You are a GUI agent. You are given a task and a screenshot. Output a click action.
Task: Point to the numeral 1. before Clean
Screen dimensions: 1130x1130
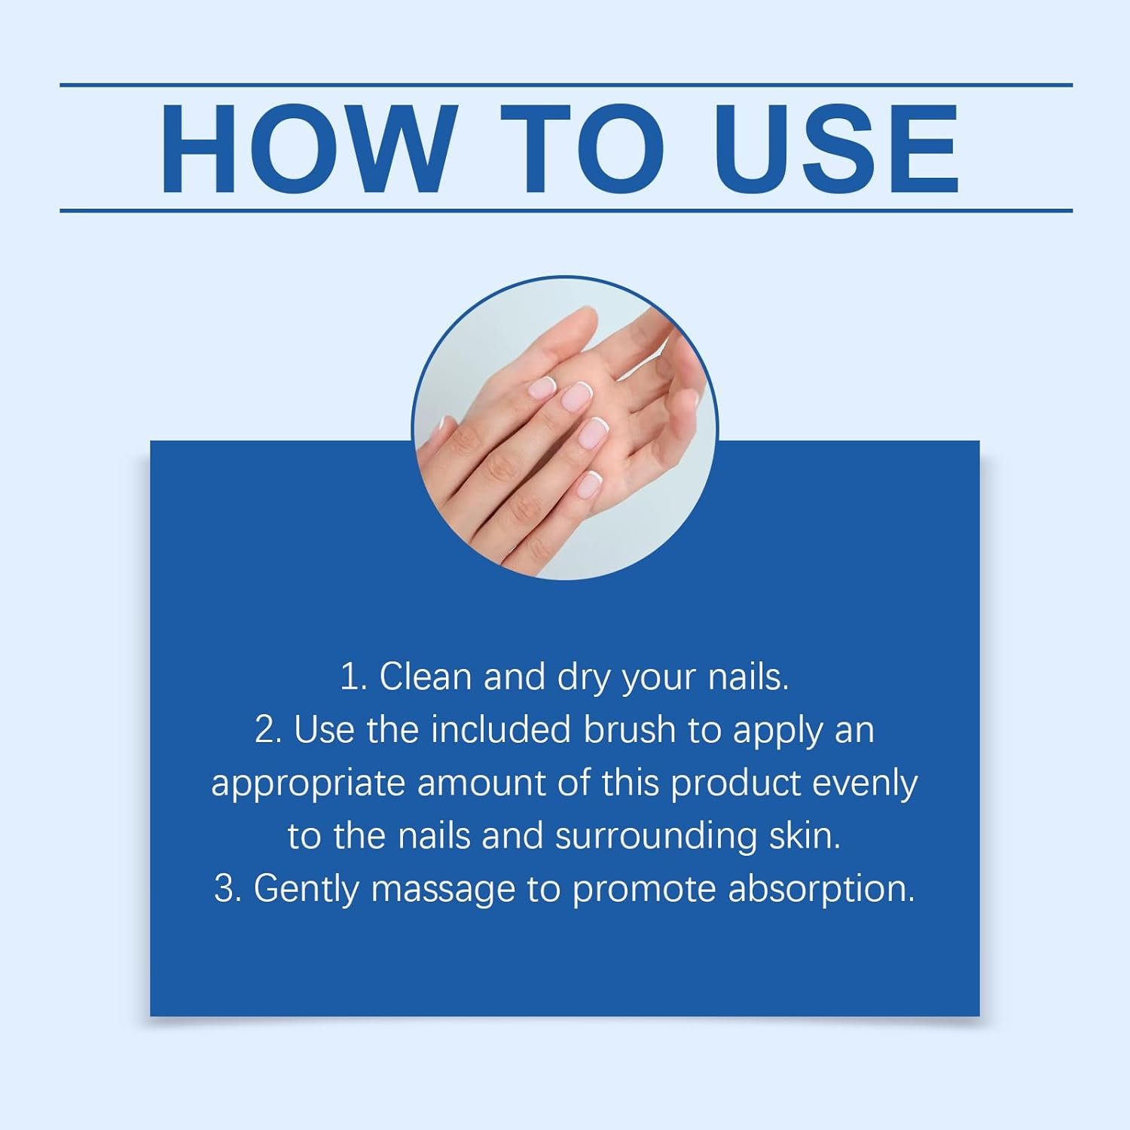[x=353, y=676]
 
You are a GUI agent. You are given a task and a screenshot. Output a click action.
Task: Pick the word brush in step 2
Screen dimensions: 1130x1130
[x=630, y=730]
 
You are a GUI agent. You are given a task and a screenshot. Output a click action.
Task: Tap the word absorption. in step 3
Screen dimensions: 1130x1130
[x=821, y=890]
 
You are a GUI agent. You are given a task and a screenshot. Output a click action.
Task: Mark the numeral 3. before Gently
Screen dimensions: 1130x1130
[x=227, y=889]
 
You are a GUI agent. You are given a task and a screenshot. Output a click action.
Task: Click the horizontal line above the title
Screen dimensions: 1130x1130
[x=566, y=85]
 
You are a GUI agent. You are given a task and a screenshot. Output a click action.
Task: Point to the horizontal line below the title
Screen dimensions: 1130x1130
[x=566, y=210]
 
